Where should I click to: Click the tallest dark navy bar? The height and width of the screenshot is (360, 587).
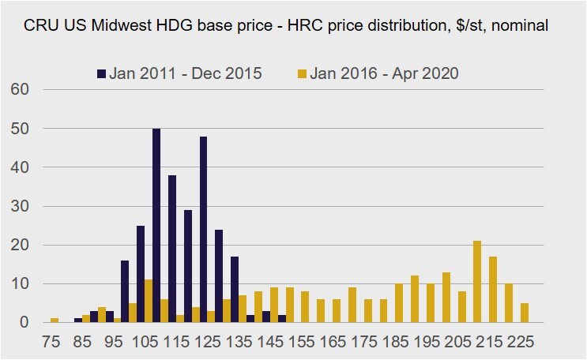click(x=156, y=225)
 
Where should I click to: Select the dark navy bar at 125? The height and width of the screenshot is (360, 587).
click(x=204, y=229)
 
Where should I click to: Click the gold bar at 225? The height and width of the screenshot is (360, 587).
click(x=525, y=313)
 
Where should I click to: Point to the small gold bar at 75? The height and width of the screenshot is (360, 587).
click(x=55, y=320)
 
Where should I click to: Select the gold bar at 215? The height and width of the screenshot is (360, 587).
click(x=493, y=289)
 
